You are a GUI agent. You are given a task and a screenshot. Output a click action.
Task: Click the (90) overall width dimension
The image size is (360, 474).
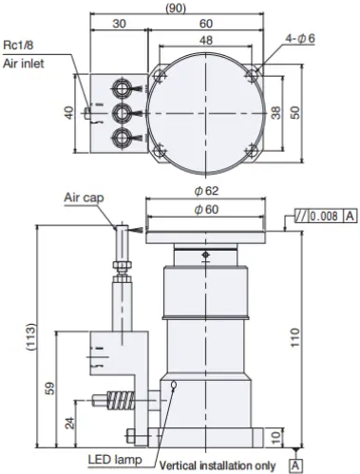[176, 8]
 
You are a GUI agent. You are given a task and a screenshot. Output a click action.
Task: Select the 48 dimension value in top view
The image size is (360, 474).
[206, 40]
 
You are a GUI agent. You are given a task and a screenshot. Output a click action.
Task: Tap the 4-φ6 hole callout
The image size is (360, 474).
[300, 38]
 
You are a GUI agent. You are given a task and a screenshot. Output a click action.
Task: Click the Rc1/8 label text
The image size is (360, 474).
[18, 45]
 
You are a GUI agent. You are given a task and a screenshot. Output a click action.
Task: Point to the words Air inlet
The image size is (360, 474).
[24, 64]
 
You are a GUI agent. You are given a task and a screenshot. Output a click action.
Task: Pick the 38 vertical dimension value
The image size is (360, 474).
[276, 113]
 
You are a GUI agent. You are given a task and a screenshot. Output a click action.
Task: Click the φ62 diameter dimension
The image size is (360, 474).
[206, 191]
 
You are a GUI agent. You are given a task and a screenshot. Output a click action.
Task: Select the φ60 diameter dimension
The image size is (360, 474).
[206, 209]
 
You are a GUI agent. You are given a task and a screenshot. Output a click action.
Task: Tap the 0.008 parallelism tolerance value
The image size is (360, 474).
[324, 217]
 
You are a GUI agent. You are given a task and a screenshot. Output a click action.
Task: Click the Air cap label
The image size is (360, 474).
[84, 198]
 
